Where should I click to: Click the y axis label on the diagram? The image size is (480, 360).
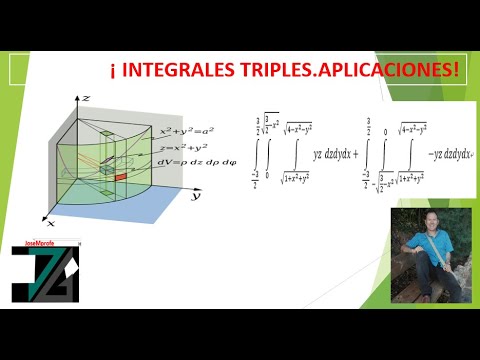(x=197, y=197)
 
